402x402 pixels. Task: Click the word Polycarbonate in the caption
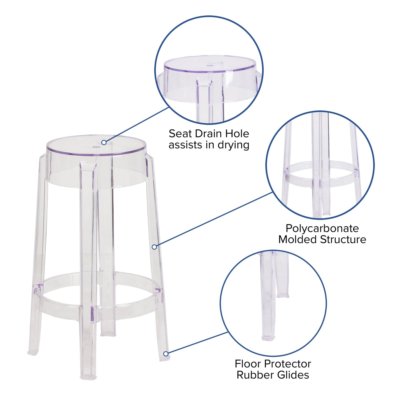tap(322, 228)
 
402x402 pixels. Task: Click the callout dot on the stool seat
tap(104, 142)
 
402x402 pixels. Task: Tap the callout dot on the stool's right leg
tap(154, 247)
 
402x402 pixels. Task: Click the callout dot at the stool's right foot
tap(166, 354)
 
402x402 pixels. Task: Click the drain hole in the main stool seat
tap(96, 147)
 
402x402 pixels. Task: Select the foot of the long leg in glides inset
tap(268, 337)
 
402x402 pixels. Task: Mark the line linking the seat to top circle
tap(136, 125)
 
